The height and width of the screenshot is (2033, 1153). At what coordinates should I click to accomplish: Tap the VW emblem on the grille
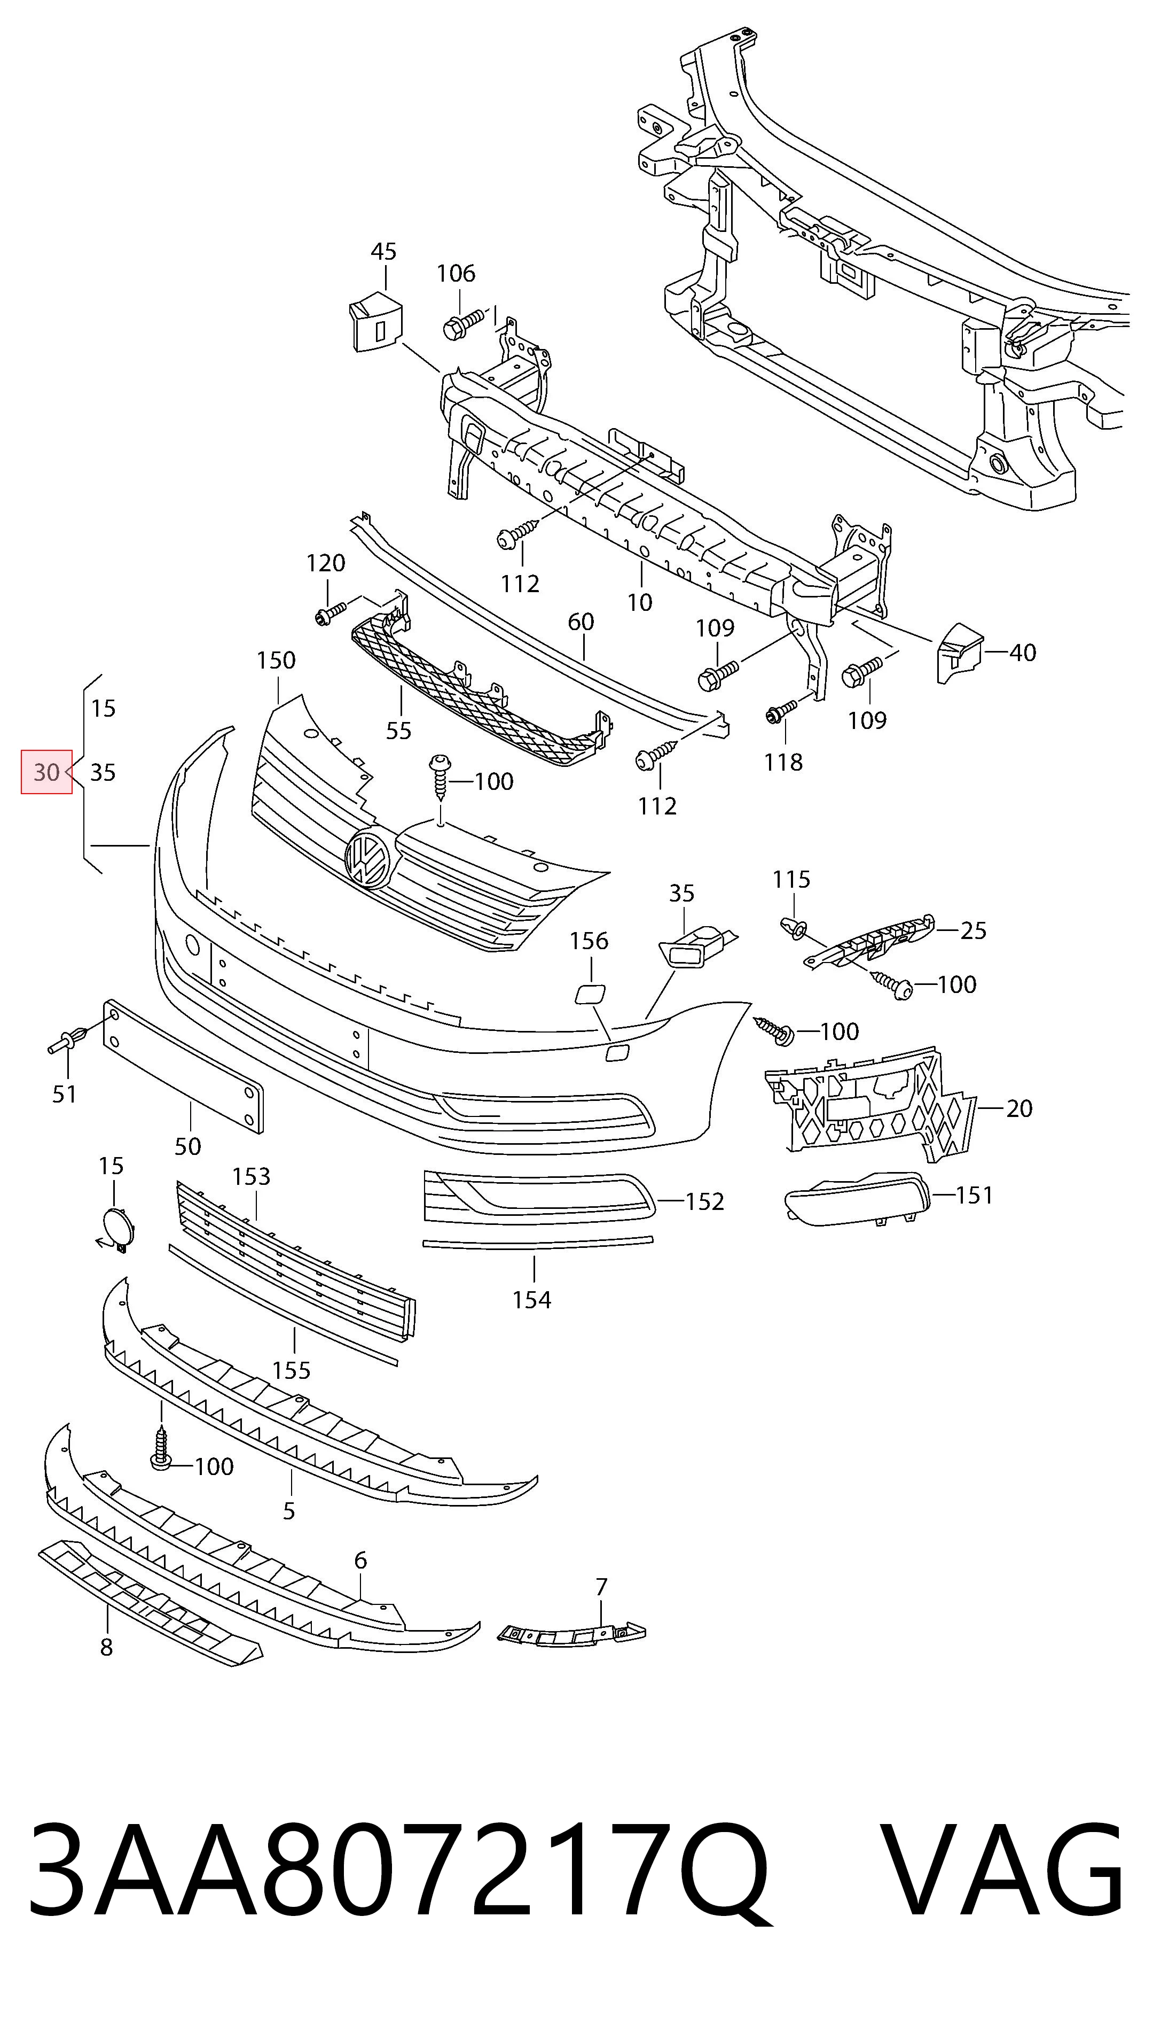click(x=369, y=859)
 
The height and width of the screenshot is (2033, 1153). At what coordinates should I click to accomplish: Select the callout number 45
click(x=383, y=252)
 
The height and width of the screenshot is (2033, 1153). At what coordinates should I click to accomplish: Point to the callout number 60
click(x=581, y=622)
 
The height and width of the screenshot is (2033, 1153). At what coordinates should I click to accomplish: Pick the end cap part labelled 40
click(x=959, y=651)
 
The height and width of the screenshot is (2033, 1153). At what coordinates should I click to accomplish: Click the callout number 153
click(x=251, y=1176)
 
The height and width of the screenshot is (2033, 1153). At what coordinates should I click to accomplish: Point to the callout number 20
click(x=1019, y=1108)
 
